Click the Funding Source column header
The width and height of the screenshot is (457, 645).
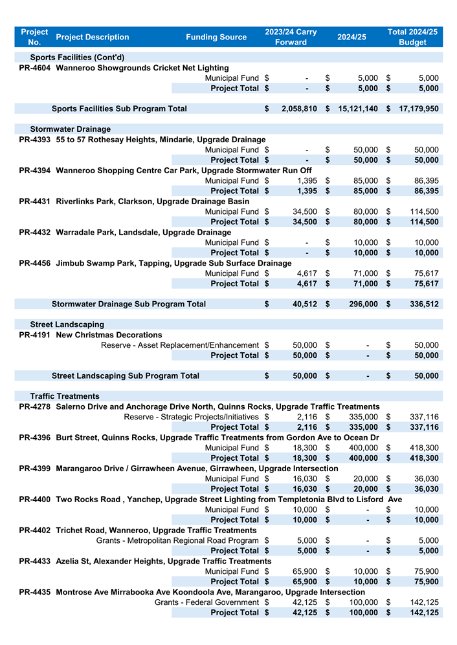pyautogui.click(x=216, y=37)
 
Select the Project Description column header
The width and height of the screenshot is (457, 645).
pyautogui.click(x=93, y=37)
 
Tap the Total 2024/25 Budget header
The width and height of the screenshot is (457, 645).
pyautogui.click(x=412, y=37)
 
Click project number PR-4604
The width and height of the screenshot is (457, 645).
pyautogui.click(x=35, y=68)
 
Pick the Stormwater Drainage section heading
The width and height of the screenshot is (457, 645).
pyautogui.click(x=70, y=129)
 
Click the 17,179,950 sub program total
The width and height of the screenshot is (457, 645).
pyautogui.click(x=418, y=109)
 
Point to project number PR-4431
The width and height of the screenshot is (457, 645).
pyautogui.click(x=35, y=202)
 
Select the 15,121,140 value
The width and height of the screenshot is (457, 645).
pyautogui.click(x=358, y=109)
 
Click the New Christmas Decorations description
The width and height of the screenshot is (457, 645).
pyautogui.click(x=109, y=335)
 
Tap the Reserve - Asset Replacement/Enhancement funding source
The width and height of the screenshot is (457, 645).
pyautogui.click(x=180, y=345)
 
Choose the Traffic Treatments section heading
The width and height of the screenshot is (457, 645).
pyautogui.click(x=65, y=396)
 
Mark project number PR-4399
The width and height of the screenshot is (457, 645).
pyautogui.click(x=35, y=469)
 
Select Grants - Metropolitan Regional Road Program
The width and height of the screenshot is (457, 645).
pyautogui.click(x=177, y=540)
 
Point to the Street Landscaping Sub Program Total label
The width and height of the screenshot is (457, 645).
pyautogui.click(x=126, y=375)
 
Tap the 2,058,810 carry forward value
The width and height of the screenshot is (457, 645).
pyautogui.click(x=299, y=109)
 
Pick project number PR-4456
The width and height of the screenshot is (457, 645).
pyautogui.click(x=35, y=263)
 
